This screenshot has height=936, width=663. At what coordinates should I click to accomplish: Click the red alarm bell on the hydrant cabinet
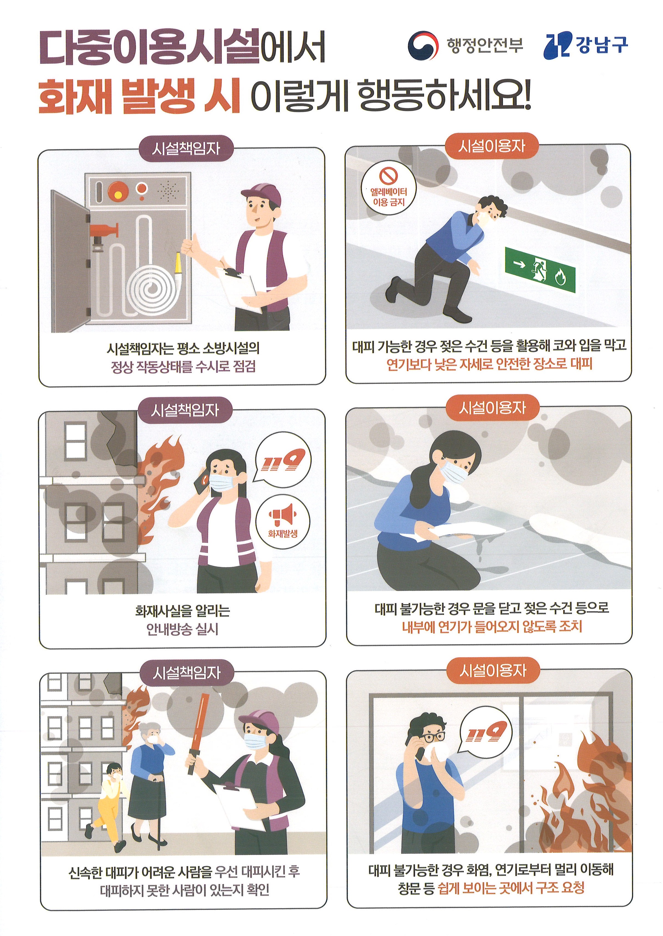point(118,190)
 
